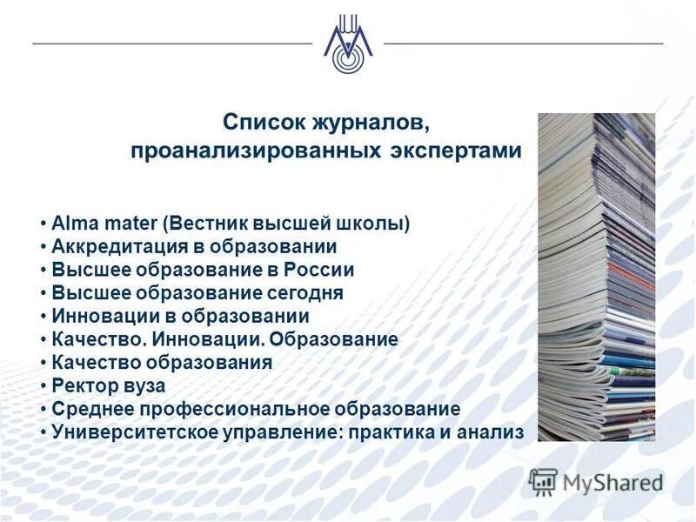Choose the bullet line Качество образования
(x=162, y=362)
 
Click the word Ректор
(x=81, y=385)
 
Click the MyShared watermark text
(x=612, y=481)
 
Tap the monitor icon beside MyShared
(x=544, y=481)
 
